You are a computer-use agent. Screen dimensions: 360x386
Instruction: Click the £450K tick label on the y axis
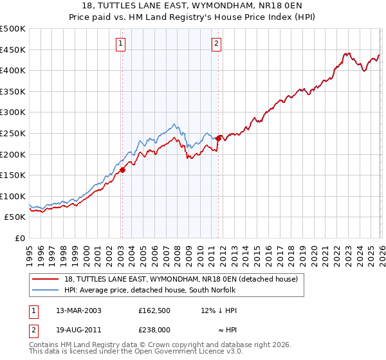point(13,50)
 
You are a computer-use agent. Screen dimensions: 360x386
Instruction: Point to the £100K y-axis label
point(13,196)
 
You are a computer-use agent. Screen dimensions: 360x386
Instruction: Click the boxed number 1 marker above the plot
point(122,44)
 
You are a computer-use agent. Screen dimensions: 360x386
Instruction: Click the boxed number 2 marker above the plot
point(216,44)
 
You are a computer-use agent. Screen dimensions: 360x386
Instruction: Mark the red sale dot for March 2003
point(122,170)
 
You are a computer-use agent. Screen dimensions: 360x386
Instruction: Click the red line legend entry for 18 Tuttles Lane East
point(181,279)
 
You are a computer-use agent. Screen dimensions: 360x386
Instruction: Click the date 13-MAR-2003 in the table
point(78,310)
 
